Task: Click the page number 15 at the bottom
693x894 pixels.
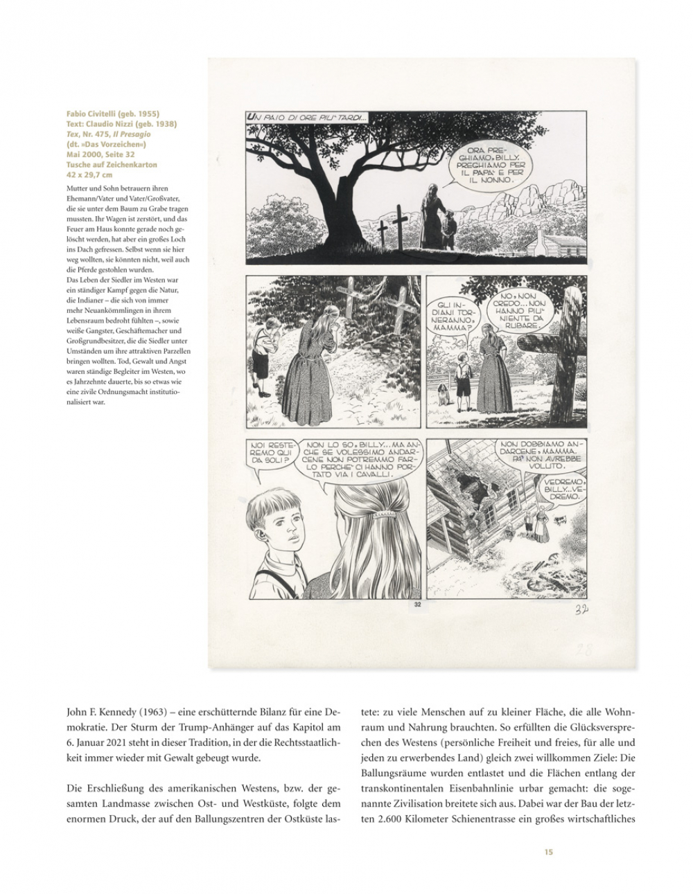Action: (548, 852)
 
